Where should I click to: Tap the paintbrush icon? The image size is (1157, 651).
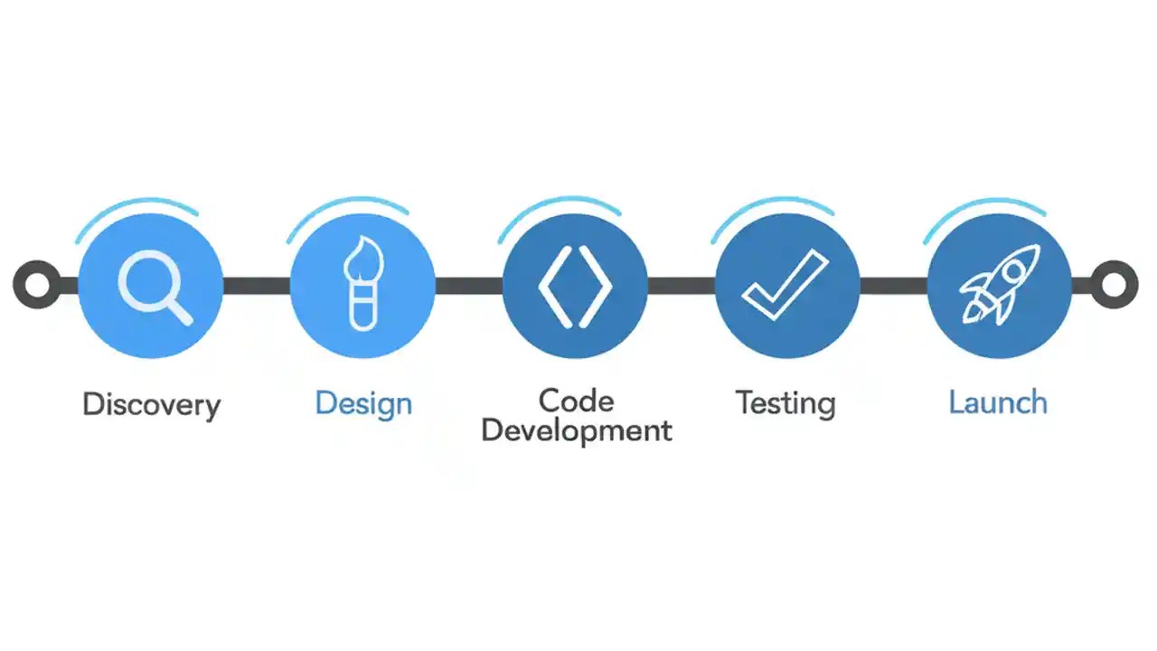tap(362, 283)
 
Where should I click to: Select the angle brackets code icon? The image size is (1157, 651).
tap(575, 286)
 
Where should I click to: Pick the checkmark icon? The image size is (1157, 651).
tap(785, 285)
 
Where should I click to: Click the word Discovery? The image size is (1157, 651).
tap(151, 404)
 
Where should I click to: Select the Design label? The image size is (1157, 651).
tap(363, 403)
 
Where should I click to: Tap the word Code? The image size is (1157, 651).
tap(576, 400)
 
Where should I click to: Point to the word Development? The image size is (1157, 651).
tap(576, 429)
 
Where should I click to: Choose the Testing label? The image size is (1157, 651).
tap(785, 402)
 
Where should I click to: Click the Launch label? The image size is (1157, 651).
tap(998, 402)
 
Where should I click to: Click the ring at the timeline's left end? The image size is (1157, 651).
tap(36, 285)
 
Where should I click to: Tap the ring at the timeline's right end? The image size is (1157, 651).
tap(1115, 285)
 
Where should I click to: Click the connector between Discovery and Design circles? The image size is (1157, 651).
tap(256, 286)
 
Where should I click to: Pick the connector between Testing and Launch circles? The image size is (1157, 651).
tap(893, 286)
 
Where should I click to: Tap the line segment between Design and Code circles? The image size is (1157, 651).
tap(468, 286)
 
